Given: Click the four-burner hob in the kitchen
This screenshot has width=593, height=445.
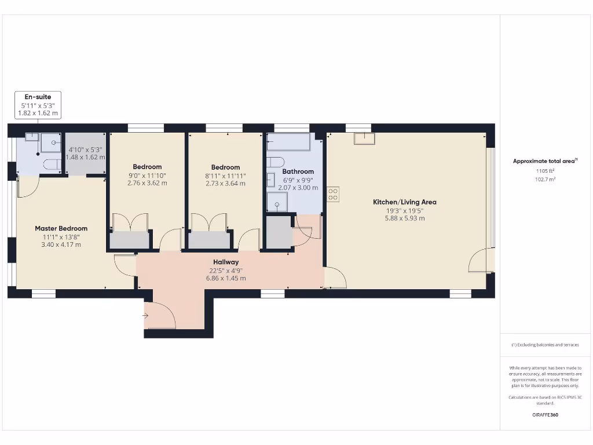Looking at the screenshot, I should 333,194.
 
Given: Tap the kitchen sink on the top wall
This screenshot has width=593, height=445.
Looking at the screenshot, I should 364,138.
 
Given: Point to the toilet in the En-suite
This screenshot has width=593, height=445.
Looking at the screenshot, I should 52,164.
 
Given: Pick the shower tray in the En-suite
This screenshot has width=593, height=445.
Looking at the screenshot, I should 51,143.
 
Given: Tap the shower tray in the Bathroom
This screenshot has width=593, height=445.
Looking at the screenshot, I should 277,203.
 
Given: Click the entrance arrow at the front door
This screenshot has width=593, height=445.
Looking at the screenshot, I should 145,316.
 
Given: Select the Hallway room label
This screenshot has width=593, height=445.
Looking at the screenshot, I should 225,262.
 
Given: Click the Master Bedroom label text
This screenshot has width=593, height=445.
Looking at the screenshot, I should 61,229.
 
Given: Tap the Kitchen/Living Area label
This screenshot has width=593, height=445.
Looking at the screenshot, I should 404,202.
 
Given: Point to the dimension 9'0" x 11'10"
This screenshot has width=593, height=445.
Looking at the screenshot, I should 147,176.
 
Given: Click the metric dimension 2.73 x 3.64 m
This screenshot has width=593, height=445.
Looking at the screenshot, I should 225,184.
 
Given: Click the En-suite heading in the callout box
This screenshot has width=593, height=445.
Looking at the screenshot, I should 38,97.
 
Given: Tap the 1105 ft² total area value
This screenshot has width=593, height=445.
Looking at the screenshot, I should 544,171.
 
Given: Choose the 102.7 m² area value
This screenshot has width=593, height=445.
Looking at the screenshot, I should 544,179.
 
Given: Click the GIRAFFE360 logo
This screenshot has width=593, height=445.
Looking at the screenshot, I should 545,415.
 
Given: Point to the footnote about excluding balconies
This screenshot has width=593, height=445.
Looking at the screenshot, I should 544,345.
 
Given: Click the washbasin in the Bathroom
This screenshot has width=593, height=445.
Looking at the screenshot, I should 270,180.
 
